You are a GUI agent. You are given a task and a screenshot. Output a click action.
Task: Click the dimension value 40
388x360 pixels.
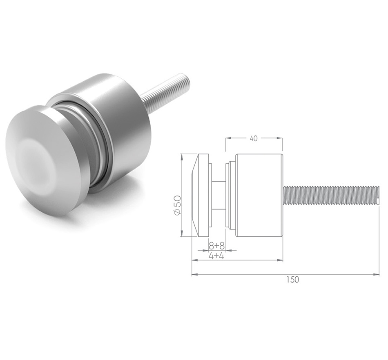(253, 138)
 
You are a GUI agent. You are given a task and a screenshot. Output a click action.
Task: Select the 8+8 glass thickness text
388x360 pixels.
(216, 246)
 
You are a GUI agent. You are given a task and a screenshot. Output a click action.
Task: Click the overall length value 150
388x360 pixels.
(292, 280)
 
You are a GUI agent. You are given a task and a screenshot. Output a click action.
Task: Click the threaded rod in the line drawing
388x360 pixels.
(331, 196)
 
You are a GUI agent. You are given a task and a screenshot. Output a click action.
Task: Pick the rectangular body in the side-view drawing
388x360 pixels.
(259, 195)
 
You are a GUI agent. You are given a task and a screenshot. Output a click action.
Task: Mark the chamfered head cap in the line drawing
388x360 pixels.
(200, 195)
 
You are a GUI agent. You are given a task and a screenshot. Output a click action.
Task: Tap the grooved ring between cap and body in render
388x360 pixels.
(96, 139)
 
